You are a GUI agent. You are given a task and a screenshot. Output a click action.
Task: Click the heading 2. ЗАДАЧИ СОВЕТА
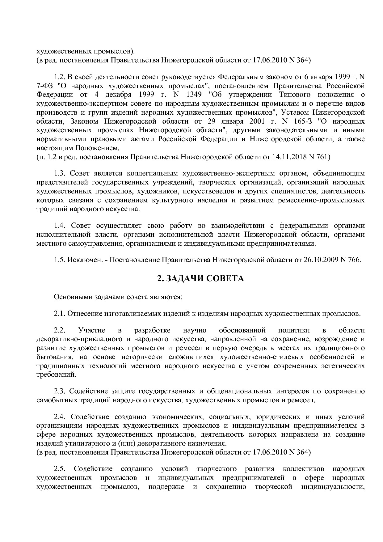200,279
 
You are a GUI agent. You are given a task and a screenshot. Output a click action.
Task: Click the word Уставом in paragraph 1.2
297,112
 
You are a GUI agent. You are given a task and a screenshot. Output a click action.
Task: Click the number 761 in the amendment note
322,157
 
